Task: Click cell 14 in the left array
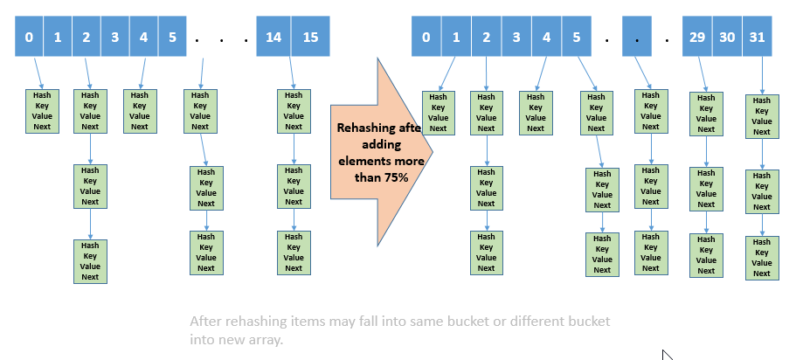click(x=273, y=38)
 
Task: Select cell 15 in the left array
click(x=310, y=38)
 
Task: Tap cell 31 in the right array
click(x=757, y=38)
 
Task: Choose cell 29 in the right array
click(x=696, y=38)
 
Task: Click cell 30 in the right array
click(x=727, y=38)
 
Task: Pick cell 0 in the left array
click(x=30, y=38)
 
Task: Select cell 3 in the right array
click(x=516, y=38)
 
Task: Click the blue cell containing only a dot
click(x=638, y=38)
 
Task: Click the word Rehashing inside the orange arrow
click(x=365, y=128)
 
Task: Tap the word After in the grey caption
click(x=206, y=322)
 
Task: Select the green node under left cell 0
click(x=42, y=110)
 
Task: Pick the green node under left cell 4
click(x=138, y=110)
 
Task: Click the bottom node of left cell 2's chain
click(x=90, y=261)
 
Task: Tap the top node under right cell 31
click(x=762, y=116)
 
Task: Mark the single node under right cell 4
click(x=536, y=113)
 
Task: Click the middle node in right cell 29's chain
click(x=706, y=189)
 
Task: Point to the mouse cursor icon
click(x=667, y=355)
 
